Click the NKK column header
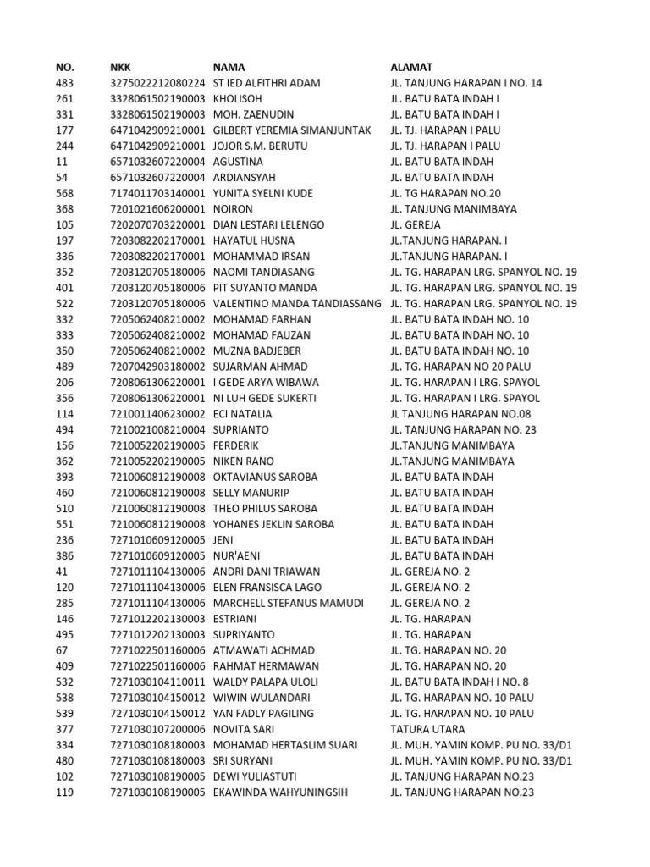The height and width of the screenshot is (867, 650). tap(120, 67)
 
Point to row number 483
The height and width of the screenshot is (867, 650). tap(64, 83)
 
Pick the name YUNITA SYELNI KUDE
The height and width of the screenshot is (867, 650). tap(263, 193)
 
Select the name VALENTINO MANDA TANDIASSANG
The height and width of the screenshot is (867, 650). tap(296, 303)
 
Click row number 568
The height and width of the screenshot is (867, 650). tap(64, 193)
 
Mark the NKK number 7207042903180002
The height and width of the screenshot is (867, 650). tap(157, 367)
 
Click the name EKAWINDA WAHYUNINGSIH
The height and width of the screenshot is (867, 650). tap(280, 792)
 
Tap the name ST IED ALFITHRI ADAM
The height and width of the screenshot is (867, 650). tap(267, 83)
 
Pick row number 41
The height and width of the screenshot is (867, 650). tap(61, 572)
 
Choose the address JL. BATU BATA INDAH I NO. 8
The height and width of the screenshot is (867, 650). tap(460, 682)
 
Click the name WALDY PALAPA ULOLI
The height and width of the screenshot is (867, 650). tap(266, 682)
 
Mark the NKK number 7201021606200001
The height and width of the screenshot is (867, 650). tap(157, 208)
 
